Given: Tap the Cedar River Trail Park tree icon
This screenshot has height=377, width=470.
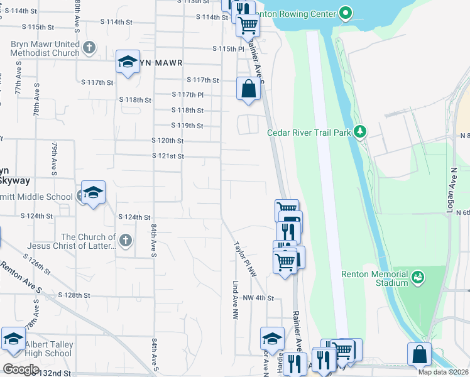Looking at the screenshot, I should pos(360,132).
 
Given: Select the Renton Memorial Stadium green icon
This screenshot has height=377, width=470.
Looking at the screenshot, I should pos(417,277).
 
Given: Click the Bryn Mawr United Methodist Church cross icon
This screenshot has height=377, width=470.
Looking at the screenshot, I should pos(89,48).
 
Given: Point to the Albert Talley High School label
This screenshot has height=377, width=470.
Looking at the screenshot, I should pos(49,349).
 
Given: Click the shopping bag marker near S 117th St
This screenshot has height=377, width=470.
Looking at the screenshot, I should pos(248,89).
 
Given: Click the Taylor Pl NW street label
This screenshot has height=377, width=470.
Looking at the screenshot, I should pos(246,260).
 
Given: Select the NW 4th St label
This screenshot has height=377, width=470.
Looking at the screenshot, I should pos(258,298).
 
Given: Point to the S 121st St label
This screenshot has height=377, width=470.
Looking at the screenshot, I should pos(168,156).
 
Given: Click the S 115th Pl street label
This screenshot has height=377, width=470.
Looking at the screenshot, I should pos(227,48).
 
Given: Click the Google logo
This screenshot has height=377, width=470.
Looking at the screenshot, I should pos(21,369).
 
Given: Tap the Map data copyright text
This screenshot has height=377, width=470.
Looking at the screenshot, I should pos(444,372).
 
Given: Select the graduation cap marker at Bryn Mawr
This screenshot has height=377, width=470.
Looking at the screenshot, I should pos(128,62).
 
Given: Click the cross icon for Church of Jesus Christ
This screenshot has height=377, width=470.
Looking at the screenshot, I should pos(126,240).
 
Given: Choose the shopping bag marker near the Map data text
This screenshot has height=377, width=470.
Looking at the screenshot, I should pos(419,354).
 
